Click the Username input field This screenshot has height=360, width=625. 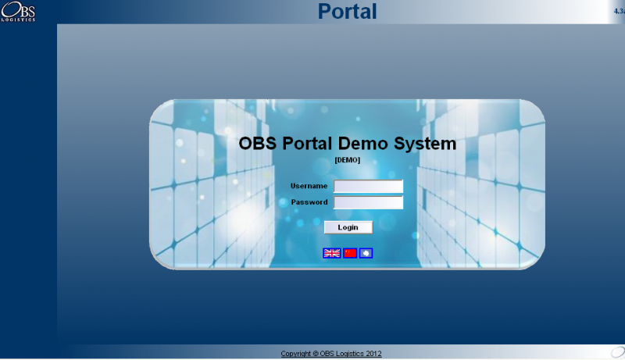click(368, 186)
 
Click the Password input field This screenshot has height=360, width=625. click(368, 202)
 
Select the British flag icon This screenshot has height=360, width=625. click(331, 253)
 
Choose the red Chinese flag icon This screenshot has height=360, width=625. click(350, 253)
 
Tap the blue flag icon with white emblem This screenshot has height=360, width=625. click(366, 253)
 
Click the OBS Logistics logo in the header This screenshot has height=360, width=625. click(18, 11)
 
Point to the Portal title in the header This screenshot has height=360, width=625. click(347, 11)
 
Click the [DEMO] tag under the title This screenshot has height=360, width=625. click(347, 160)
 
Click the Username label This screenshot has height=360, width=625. click(309, 186)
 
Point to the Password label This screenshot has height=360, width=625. click(309, 202)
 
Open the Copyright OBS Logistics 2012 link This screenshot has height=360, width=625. click(330, 354)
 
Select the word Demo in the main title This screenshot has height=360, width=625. click(362, 144)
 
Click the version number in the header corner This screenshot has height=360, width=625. click(619, 11)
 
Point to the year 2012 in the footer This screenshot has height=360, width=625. click(373, 354)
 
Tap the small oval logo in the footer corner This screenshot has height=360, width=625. click(618, 351)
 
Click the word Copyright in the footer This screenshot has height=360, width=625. click(296, 354)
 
